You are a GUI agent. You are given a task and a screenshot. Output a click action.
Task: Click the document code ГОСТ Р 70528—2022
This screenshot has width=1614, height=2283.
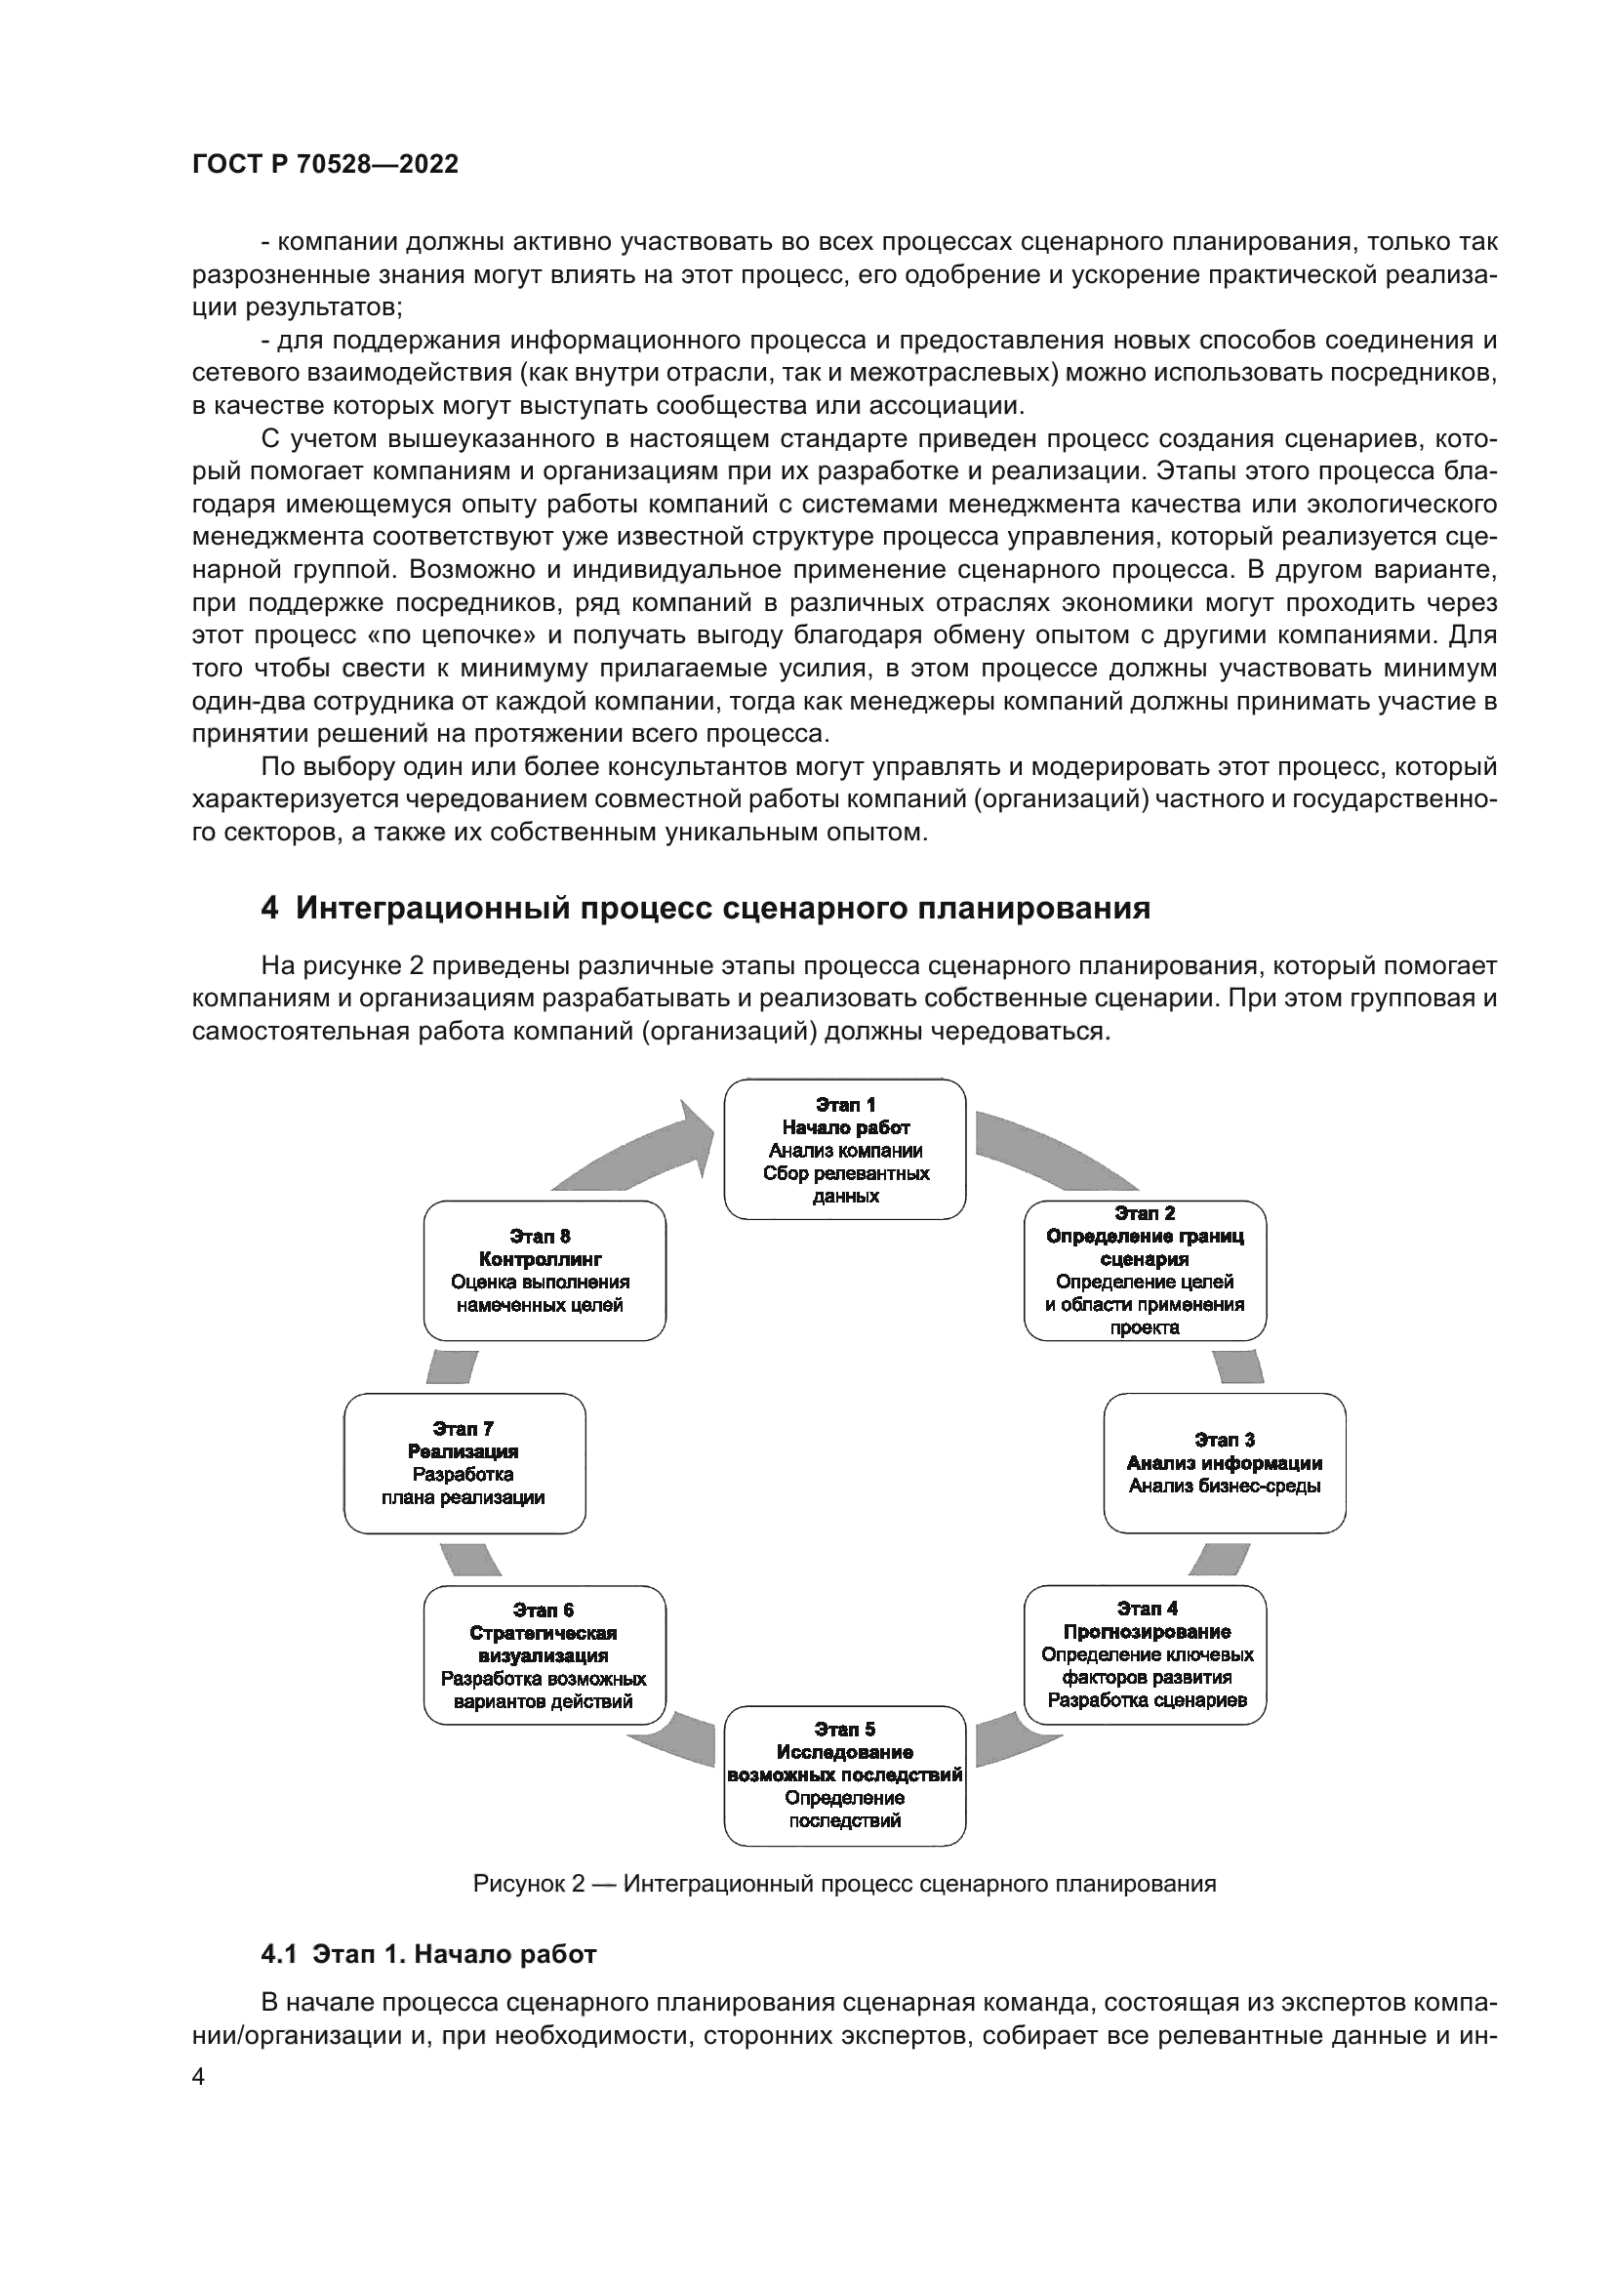[325, 165]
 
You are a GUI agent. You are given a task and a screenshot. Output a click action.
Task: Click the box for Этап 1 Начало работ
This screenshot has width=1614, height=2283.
[845, 1150]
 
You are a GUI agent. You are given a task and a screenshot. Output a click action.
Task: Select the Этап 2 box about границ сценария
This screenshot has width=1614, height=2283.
[1145, 1271]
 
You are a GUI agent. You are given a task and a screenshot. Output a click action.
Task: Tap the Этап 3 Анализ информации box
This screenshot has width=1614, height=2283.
[1225, 1463]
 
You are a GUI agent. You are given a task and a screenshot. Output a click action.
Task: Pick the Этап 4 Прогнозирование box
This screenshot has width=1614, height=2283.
[1145, 1654]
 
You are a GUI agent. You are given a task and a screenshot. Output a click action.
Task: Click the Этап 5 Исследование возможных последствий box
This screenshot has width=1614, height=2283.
[845, 1775]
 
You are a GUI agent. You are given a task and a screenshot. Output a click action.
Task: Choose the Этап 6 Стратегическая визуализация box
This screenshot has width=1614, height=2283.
[544, 1655]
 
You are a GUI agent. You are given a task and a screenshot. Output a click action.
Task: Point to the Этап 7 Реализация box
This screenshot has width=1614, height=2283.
[464, 1463]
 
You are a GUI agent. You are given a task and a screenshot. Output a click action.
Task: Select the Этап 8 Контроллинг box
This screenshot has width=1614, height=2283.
[544, 1271]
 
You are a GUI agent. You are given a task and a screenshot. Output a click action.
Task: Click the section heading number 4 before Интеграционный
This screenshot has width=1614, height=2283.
[269, 909]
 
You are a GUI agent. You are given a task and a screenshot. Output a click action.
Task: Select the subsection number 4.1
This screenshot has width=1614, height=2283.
[278, 1955]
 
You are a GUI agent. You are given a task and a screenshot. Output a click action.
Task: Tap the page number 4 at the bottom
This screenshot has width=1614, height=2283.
[199, 2078]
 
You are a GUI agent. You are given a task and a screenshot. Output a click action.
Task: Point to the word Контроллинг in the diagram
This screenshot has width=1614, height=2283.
[541, 1260]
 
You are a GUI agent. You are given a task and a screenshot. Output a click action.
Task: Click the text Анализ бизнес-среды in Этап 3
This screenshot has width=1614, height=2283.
[1225, 1487]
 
